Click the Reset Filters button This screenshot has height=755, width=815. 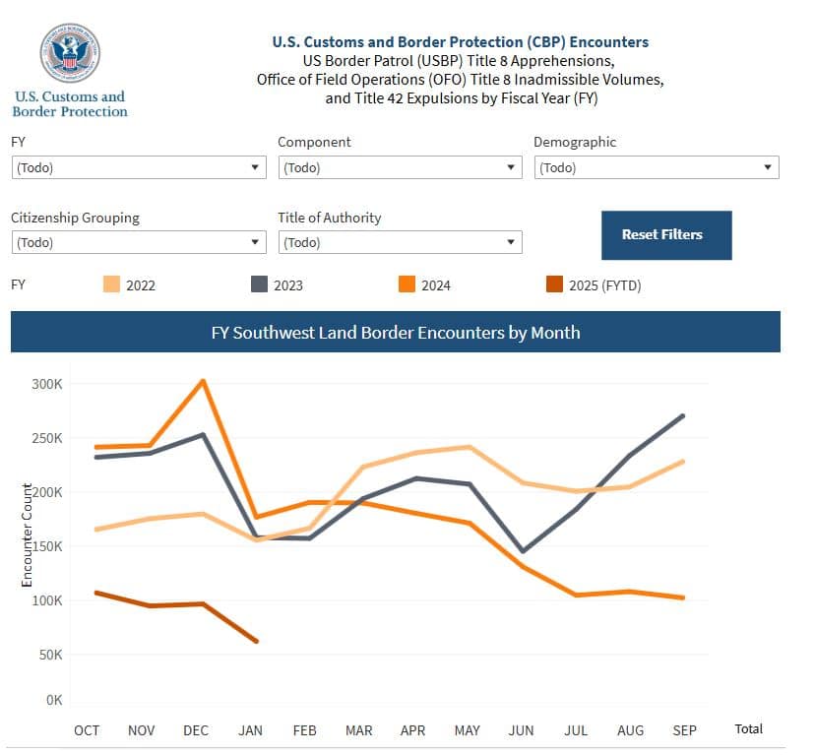(666, 235)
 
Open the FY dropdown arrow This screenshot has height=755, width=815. (256, 167)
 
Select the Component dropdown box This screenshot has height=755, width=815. (400, 167)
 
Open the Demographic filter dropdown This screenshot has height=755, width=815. (656, 167)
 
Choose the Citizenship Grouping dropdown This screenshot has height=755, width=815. (138, 242)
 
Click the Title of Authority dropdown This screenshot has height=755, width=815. (400, 242)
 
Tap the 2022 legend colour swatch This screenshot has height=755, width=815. (111, 285)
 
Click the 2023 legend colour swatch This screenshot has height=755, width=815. (260, 285)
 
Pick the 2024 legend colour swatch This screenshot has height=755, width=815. (407, 285)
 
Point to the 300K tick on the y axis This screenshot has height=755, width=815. (47, 384)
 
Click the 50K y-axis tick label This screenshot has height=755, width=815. (50, 655)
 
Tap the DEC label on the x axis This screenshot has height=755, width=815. (196, 729)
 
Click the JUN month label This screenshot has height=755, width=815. (521, 729)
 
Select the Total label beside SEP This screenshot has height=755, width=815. (748, 728)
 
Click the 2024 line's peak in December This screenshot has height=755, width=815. (203, 381)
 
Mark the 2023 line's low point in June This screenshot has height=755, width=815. (522, 550)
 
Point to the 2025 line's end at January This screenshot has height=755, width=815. (257, 641)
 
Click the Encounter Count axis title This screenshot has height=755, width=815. (28, 536)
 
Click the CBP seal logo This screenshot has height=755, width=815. (69, 52)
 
